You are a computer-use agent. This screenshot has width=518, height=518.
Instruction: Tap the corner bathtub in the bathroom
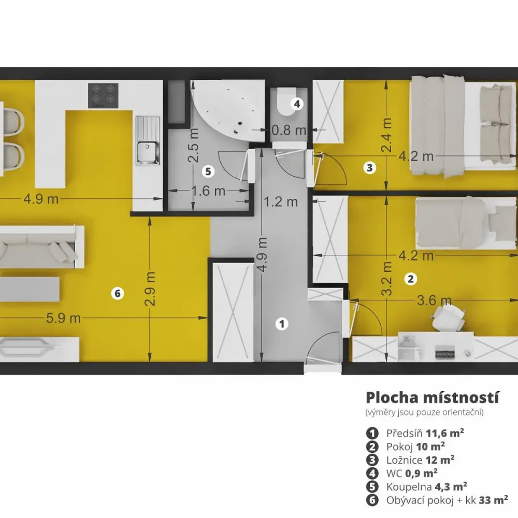pyautogui.click(x=228, y=109)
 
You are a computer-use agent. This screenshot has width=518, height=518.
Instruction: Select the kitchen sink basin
pyautogui.click(x=148, y=152)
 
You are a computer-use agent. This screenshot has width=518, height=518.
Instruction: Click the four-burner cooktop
pyautogui.click(x=103, y=95)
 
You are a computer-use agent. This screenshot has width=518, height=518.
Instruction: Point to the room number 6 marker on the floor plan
pyautogui.click(x=117, y=293)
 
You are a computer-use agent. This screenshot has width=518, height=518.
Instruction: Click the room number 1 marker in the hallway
pyautogui.click(x=282, y=324)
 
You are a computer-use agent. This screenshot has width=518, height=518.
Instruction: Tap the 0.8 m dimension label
pyautogui.click(x=289, y=130)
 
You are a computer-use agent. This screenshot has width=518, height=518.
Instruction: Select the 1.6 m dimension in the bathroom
pyautogui.click(x=208, y=191)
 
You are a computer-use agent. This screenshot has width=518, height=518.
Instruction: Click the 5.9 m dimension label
pyautogui.click(x=63, y=318)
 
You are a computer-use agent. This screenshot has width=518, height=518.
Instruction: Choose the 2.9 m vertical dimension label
pyautogui.click(x=150, y=289)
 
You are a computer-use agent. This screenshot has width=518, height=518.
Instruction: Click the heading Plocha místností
pyautogui.click(x=432, y=398)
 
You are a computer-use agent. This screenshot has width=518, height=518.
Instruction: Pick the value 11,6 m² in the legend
pyautogui.click(x=444, y=433)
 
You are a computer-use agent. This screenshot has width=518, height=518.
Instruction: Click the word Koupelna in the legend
pyautogui.click(x=409, y=487)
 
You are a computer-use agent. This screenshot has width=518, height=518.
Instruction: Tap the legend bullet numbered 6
pyautogui.click(x=372, y=500)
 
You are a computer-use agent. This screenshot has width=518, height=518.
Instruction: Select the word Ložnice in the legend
pyautogui.click(x=405, y=460)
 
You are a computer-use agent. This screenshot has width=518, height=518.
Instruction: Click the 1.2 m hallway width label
pyautogui.click(x=281, y=202)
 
